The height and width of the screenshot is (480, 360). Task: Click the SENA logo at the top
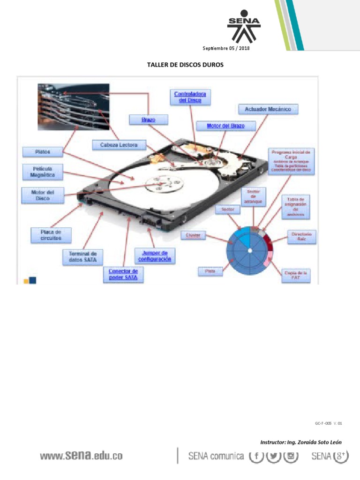[243, 28]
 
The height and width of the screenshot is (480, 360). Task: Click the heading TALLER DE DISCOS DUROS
[182, 65]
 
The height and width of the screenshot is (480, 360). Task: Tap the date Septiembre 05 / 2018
[226, 49]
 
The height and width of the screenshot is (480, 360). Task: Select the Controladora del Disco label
[190, 97]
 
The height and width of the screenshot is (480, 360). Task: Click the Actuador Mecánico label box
[268, 109]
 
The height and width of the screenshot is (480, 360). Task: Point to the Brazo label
[148, 120]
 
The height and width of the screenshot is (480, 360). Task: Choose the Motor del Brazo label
[225, 126]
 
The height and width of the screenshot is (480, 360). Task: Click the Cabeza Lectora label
[119, 145]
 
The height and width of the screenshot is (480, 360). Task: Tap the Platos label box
[42, 152]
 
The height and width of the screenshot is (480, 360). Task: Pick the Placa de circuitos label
[51, 235]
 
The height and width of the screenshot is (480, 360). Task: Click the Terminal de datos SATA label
[83, 256]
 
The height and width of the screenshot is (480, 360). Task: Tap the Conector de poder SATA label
[123, 275]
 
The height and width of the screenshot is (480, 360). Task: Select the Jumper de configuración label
[155, 256]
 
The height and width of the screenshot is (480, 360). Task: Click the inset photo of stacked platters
[74, 106]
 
